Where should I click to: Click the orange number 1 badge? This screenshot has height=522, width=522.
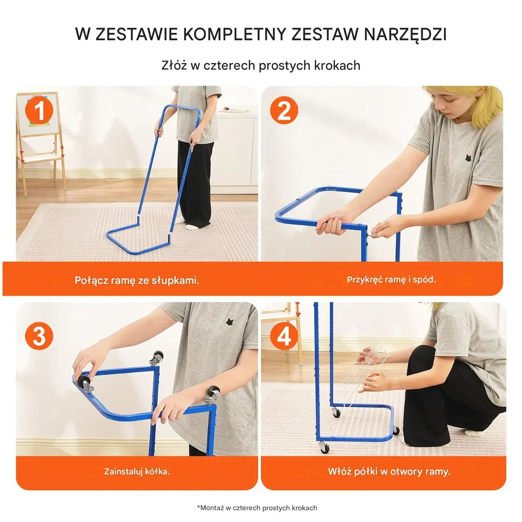coord(39,110)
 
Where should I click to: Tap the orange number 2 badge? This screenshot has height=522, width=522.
coord(284,110)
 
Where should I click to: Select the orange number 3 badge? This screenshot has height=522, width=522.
coord(39,336)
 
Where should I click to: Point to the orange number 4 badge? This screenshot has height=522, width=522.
coord(284,336)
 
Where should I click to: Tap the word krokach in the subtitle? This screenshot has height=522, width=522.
coord(337,66)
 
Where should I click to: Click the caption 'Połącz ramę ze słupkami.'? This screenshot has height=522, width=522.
coord(137,280)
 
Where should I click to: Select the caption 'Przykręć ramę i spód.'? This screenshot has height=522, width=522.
coord(391,279)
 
